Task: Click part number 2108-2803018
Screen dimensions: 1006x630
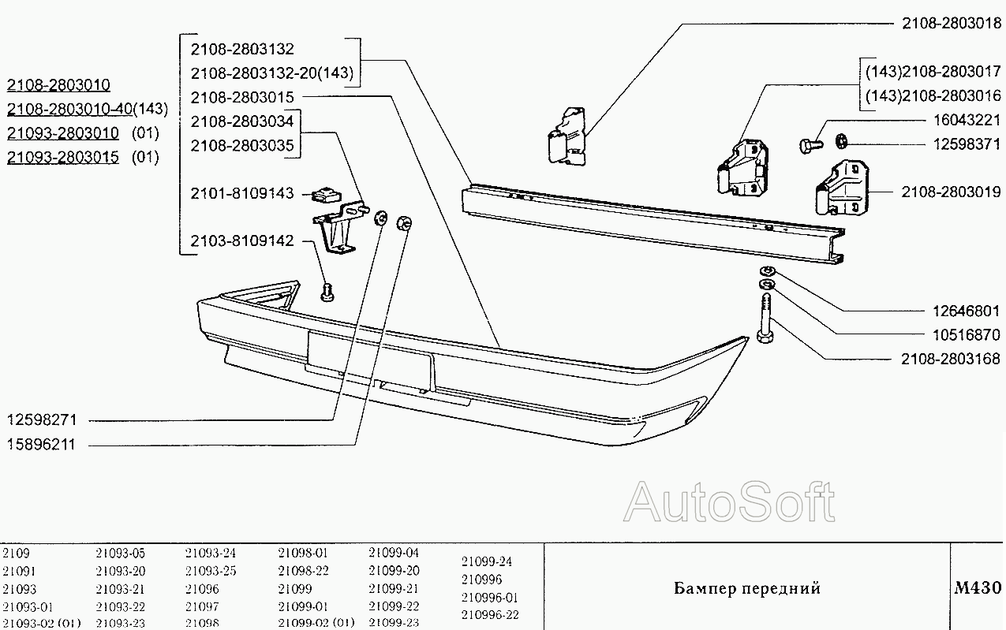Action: (952, 24)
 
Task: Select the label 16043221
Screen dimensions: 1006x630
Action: (967, 120)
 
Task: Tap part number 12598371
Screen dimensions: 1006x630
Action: (967, 144)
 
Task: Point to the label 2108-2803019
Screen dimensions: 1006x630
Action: (951, 192)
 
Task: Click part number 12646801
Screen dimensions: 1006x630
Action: (967, 311)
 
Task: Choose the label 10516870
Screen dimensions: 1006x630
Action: (967, 335)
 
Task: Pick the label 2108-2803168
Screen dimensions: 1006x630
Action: (951, 359)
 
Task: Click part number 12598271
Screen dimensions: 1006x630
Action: (42, 420)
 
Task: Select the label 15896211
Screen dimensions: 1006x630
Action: (41, 444)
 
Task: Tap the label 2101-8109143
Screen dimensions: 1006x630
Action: (242, 193)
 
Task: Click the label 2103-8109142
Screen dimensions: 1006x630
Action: (242, 241)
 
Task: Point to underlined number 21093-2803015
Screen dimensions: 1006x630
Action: (63, 157)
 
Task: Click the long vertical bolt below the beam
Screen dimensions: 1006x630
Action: (765, 318)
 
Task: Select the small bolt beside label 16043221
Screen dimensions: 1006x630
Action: (811, 145)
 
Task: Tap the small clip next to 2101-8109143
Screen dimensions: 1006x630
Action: (327, 196)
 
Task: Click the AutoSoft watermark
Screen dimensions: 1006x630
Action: (729, 502)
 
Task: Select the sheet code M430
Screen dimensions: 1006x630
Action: (978, 587)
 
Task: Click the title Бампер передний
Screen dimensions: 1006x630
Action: (747, 588)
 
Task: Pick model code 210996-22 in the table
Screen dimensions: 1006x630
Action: (490, 614)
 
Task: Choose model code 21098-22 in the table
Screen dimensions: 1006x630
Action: (303, 571)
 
